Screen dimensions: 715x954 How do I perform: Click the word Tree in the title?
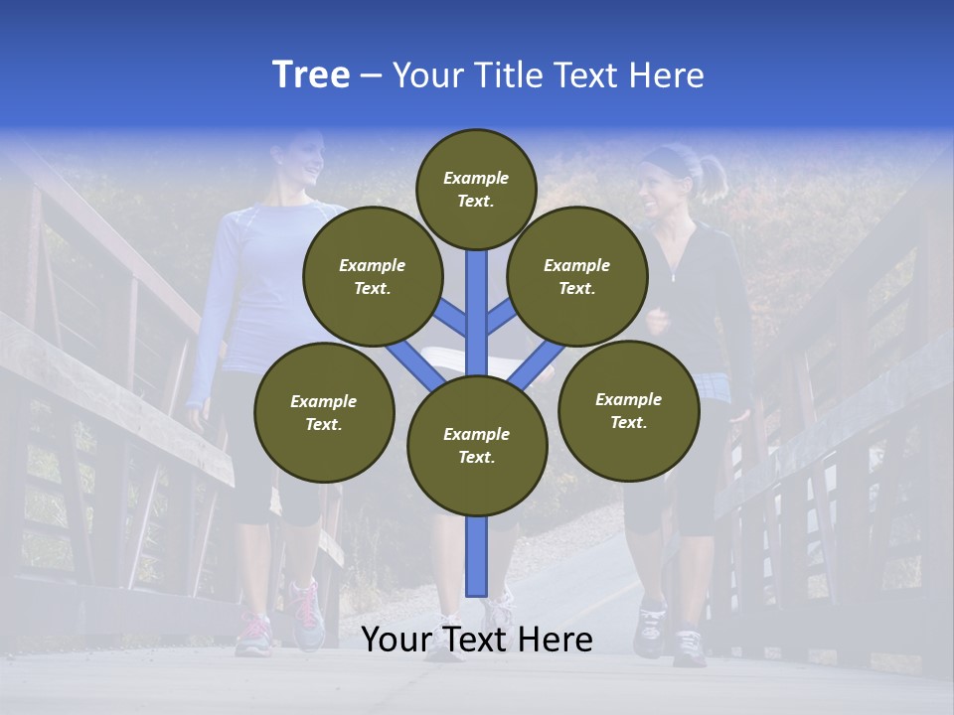click(x=311, y=75)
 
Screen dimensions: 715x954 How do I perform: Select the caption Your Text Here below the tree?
click(x=477, y=640)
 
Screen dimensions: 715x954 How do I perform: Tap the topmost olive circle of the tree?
click(x=476, y=189)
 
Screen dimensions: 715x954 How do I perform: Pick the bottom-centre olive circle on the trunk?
click(x=477, y=446)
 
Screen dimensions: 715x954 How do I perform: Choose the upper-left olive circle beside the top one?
click(x=372, y=276)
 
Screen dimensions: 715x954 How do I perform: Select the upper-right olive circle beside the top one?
click(x=577, y=276)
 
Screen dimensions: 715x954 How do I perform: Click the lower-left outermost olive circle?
click(x=324, y=412)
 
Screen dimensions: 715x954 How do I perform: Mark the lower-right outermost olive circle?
click(x=628, y=410)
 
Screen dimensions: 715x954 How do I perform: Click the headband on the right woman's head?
click(x=668, y=156)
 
